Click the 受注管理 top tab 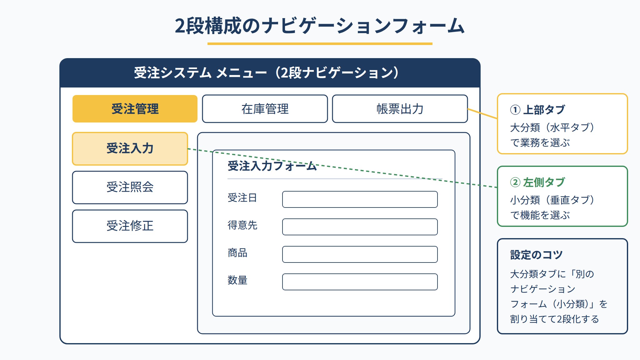click(135, 109)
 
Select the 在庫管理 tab click(265, 109)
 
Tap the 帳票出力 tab click(400, 109)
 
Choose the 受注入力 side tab click(130, 149)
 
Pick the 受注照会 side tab click(130, 187)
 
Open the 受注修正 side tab click(130, 226)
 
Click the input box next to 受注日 click(360, 199)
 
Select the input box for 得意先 click(360, 227)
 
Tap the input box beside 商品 click(360, 254)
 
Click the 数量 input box click(360, 282)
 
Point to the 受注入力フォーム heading click(272, 166)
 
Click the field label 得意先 click(242, 225)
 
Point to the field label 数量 click(237, 280)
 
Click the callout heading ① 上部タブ click(537, 110)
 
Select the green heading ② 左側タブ click(537, 182)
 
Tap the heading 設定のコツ click(536, 255)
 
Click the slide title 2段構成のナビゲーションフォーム click(320, 26)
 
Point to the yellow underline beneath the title click(320, 44)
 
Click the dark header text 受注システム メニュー click(200, 73)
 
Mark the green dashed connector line click(342, 168)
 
